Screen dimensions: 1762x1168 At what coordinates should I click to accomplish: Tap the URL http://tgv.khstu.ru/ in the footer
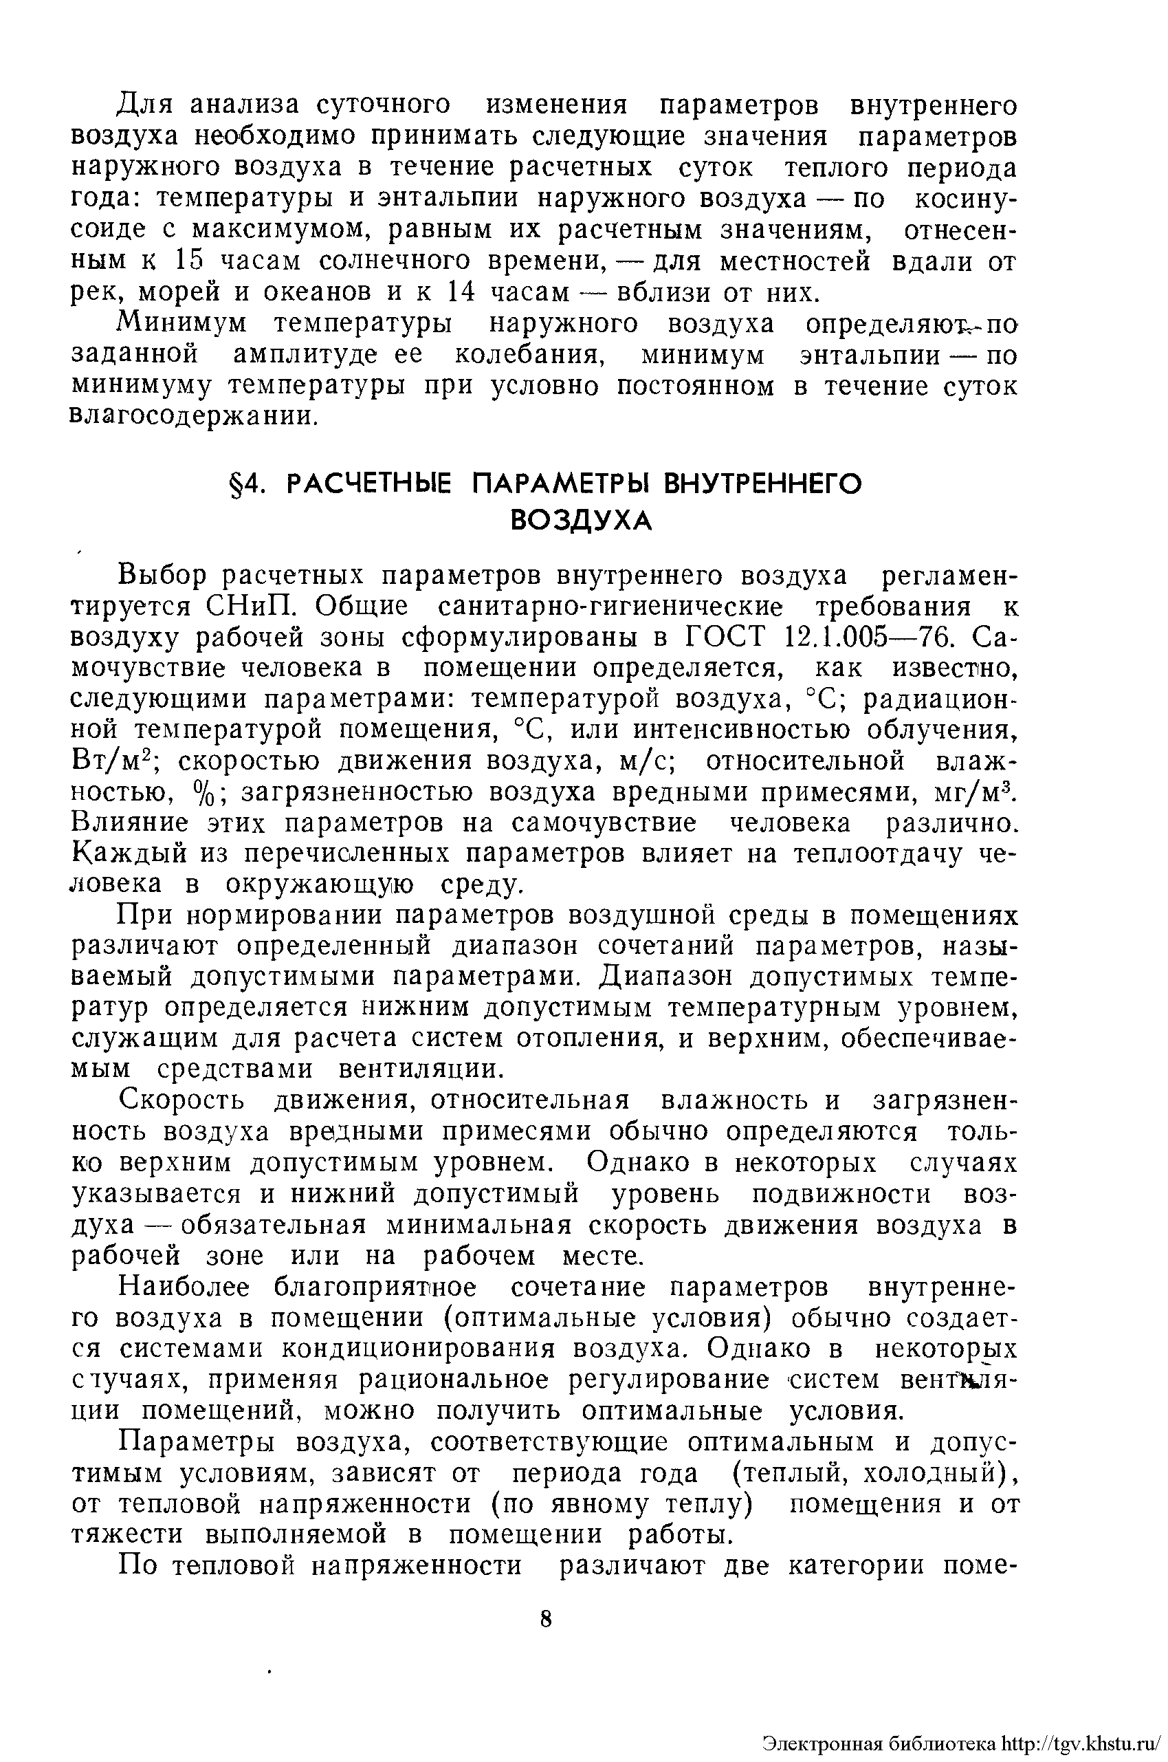coord(1082,1743)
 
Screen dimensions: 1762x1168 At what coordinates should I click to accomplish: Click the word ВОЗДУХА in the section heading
coord(581,521)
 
